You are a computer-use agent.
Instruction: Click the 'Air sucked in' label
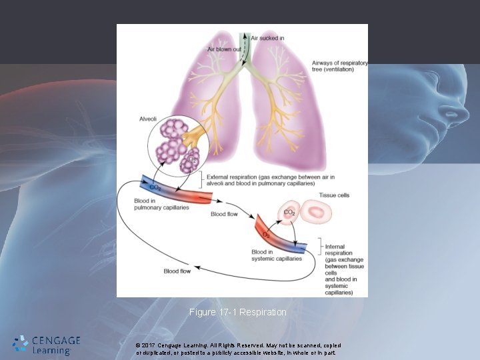pyautogui.click(x=267, y=38)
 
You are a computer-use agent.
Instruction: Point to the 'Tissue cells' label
pyautogui.click(x=334, y=195)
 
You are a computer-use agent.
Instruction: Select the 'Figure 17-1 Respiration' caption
pyautogui.click(x=237, y=312)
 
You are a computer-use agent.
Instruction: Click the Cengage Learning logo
pyautogui.click(x=46, y=344)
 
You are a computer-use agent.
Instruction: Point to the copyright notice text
pyautogui.click(x=238, y=349)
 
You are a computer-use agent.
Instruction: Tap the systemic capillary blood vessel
pyautogui.click(x=280, y=237)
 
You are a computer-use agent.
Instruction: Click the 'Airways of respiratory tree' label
pyautogui.click(x=339, y=67)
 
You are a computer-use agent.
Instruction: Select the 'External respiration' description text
pyautogui.click(x=281, y=180)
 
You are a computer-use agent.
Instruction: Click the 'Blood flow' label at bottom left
pyautogui.click(x=177, y=271)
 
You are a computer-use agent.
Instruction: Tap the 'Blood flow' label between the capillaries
pyautogui.click(x=224, y=215)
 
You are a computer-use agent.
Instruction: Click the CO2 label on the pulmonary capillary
pyautogui.click(x=155, y=187)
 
